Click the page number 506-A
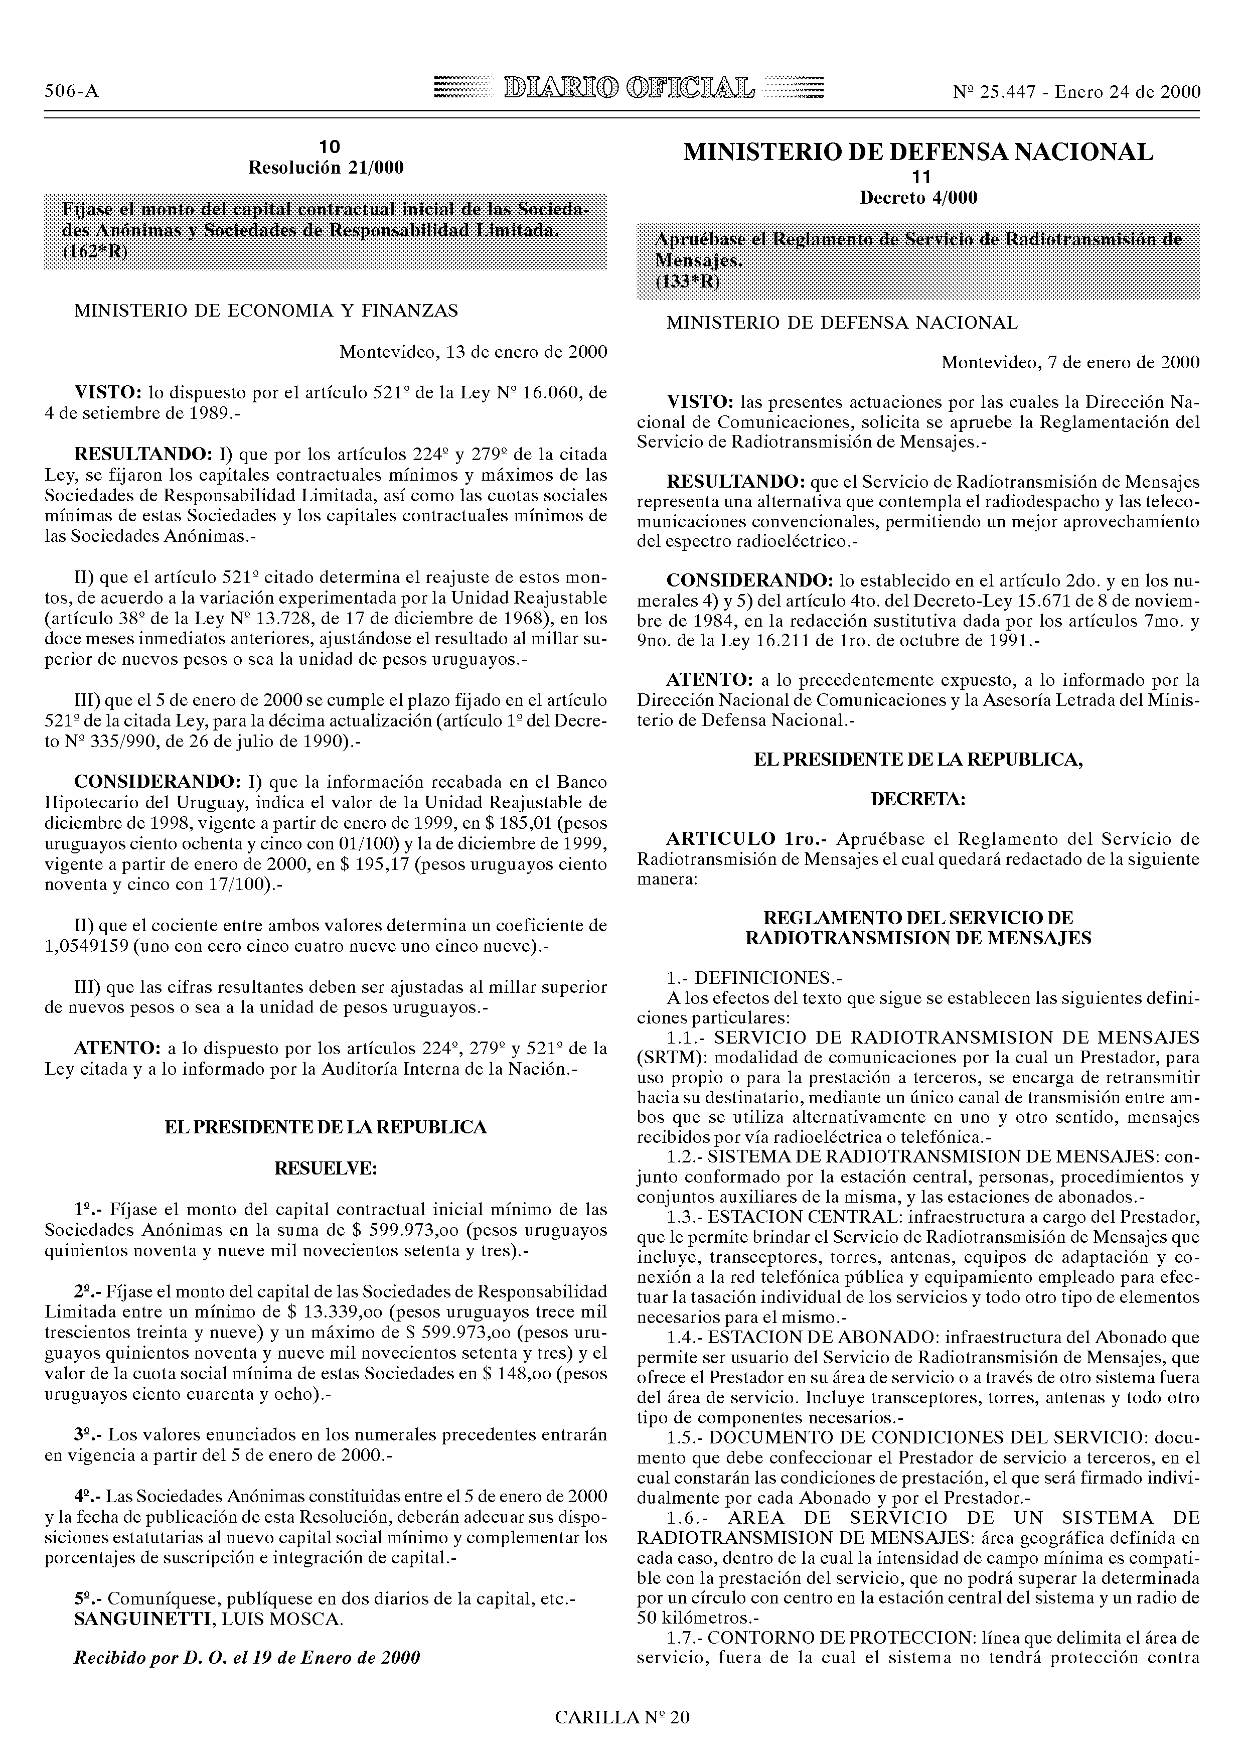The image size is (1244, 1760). pyautogui.click(x=72, y=92)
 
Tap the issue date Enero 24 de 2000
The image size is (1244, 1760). pyautogui.click(x=1128, y=92)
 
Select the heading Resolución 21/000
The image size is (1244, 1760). pyautogui.click(x=326, y=167)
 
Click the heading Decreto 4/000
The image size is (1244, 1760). pyautogui.click(x=918, y=198)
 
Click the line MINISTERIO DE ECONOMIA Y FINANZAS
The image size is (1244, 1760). pyautogui.click(x=266, y=311)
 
